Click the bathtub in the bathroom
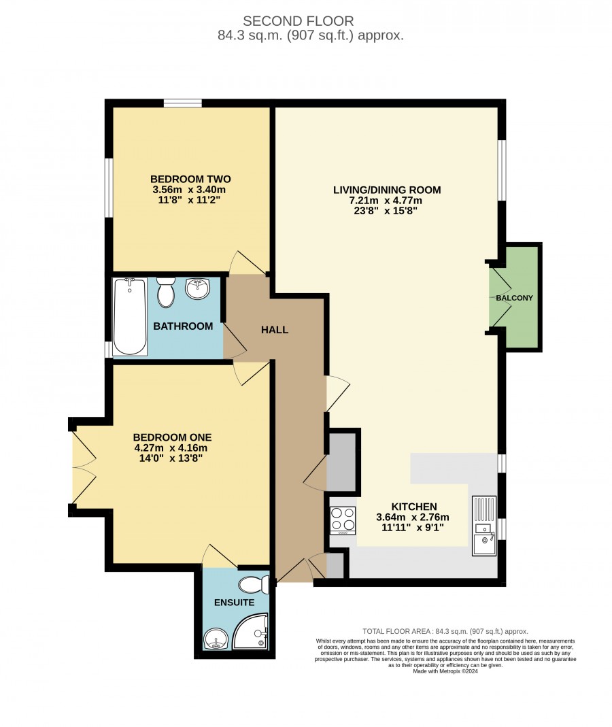(131, 317)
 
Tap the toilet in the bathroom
(165, 292)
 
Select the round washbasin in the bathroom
(197, 288)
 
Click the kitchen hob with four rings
(343, 520)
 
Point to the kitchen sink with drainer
(484, 525)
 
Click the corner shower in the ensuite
(250, 631)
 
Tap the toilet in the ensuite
(254, 585)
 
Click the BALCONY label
(514, 298)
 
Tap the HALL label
(275, 330)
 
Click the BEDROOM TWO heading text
(190, 179)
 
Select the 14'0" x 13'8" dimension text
(171, 458)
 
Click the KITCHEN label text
(414, 507)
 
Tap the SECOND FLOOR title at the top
(298, 21)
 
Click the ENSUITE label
(234, 603)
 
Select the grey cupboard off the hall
(341, 461)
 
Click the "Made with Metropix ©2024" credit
(445, 671)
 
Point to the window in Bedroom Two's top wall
(183, 103)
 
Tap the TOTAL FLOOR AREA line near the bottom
(445, 631)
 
